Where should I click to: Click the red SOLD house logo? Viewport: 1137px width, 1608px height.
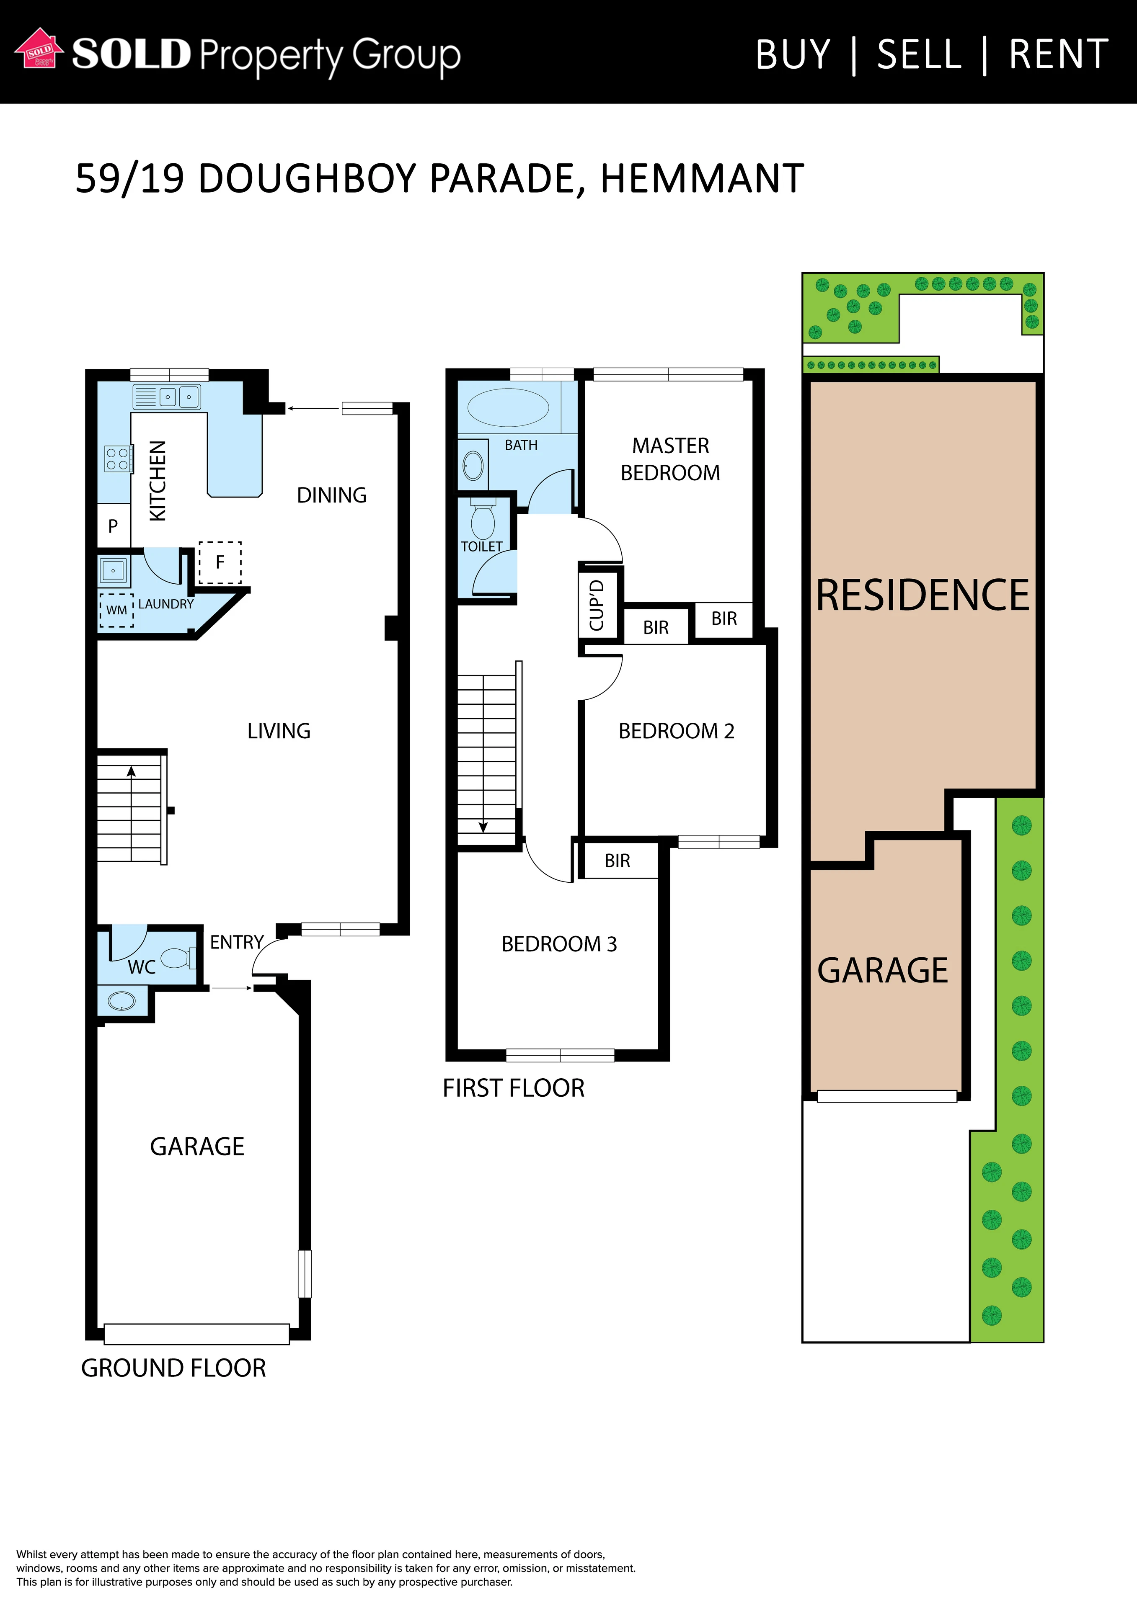(39, 49)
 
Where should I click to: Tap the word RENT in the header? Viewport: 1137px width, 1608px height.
(1059, 54)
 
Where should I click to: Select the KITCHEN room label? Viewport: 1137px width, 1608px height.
(158, 480)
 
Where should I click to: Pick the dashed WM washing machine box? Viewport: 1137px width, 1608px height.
(116, 610)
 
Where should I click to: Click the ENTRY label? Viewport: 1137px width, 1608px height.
(237, 942)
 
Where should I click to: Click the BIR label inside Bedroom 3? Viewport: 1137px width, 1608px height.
(617, 860)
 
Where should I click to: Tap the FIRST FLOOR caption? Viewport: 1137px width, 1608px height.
(514, 1087)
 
